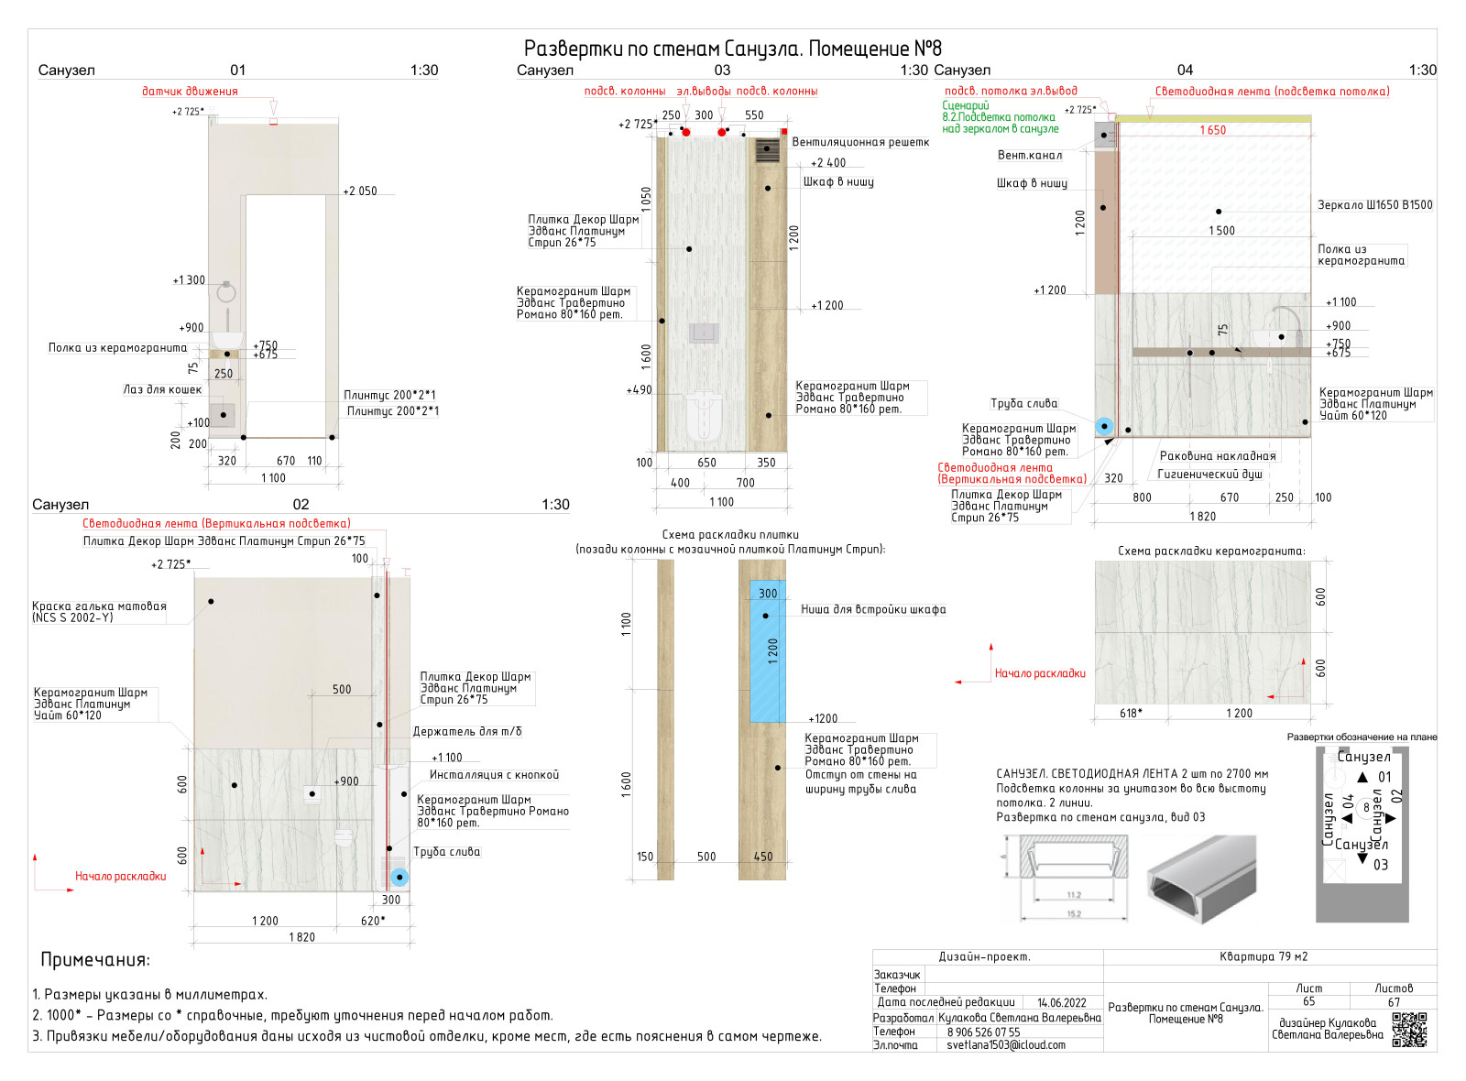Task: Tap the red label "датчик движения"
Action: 190,92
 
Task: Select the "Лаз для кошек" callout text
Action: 162,389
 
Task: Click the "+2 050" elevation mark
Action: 360,191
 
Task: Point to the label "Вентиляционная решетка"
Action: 860,142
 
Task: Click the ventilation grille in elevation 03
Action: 767,150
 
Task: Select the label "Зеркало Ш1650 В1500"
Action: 1374,205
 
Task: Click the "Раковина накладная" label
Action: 1218,456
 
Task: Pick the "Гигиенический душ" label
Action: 1209,475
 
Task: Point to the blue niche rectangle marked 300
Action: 767,650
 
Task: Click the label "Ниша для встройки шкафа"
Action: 873,609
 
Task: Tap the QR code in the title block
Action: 1409,1030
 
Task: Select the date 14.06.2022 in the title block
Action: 1061,1003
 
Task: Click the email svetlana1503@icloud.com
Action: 1006,1045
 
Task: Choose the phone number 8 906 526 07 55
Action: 983,1032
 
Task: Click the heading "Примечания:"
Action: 95,960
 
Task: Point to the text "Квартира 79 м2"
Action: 1264,957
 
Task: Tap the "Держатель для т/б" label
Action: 467,732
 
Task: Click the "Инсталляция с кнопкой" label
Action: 494,775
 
